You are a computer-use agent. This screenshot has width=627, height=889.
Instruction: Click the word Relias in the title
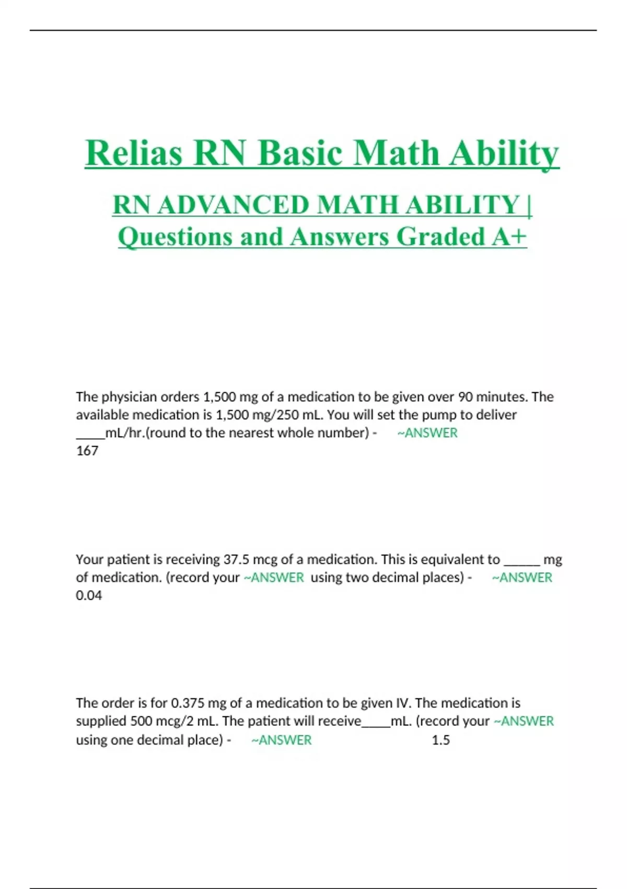point(134,153)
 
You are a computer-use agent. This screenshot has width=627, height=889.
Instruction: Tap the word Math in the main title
point(396,153)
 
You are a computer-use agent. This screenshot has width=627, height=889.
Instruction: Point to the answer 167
point(87,451)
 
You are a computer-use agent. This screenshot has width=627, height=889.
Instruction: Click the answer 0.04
point(89,596)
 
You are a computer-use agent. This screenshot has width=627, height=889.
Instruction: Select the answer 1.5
point(440,740)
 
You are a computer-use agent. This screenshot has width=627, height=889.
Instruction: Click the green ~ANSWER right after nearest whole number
point(427,433)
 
